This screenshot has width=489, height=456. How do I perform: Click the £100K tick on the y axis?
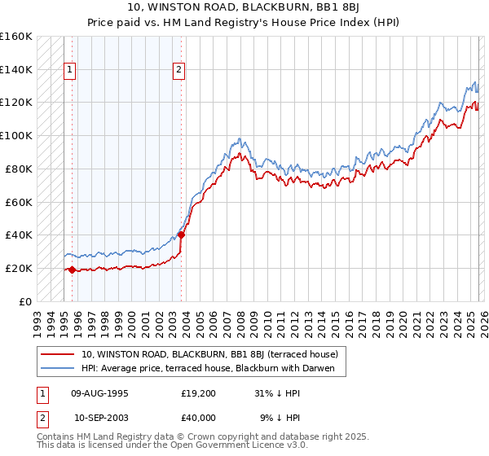click(x=17, y=135)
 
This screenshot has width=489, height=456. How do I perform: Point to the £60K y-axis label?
click(x=17, y=202)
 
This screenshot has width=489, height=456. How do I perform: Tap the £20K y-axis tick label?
click(x=17, y=268)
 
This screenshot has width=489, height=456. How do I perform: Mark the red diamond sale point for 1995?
click(x=73, y=270)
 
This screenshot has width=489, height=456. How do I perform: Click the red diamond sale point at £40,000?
click(x=182, y=235)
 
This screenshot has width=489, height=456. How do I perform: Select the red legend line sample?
click(x=57, y=354)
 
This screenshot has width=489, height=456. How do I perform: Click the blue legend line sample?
click(x=57, y=369)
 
